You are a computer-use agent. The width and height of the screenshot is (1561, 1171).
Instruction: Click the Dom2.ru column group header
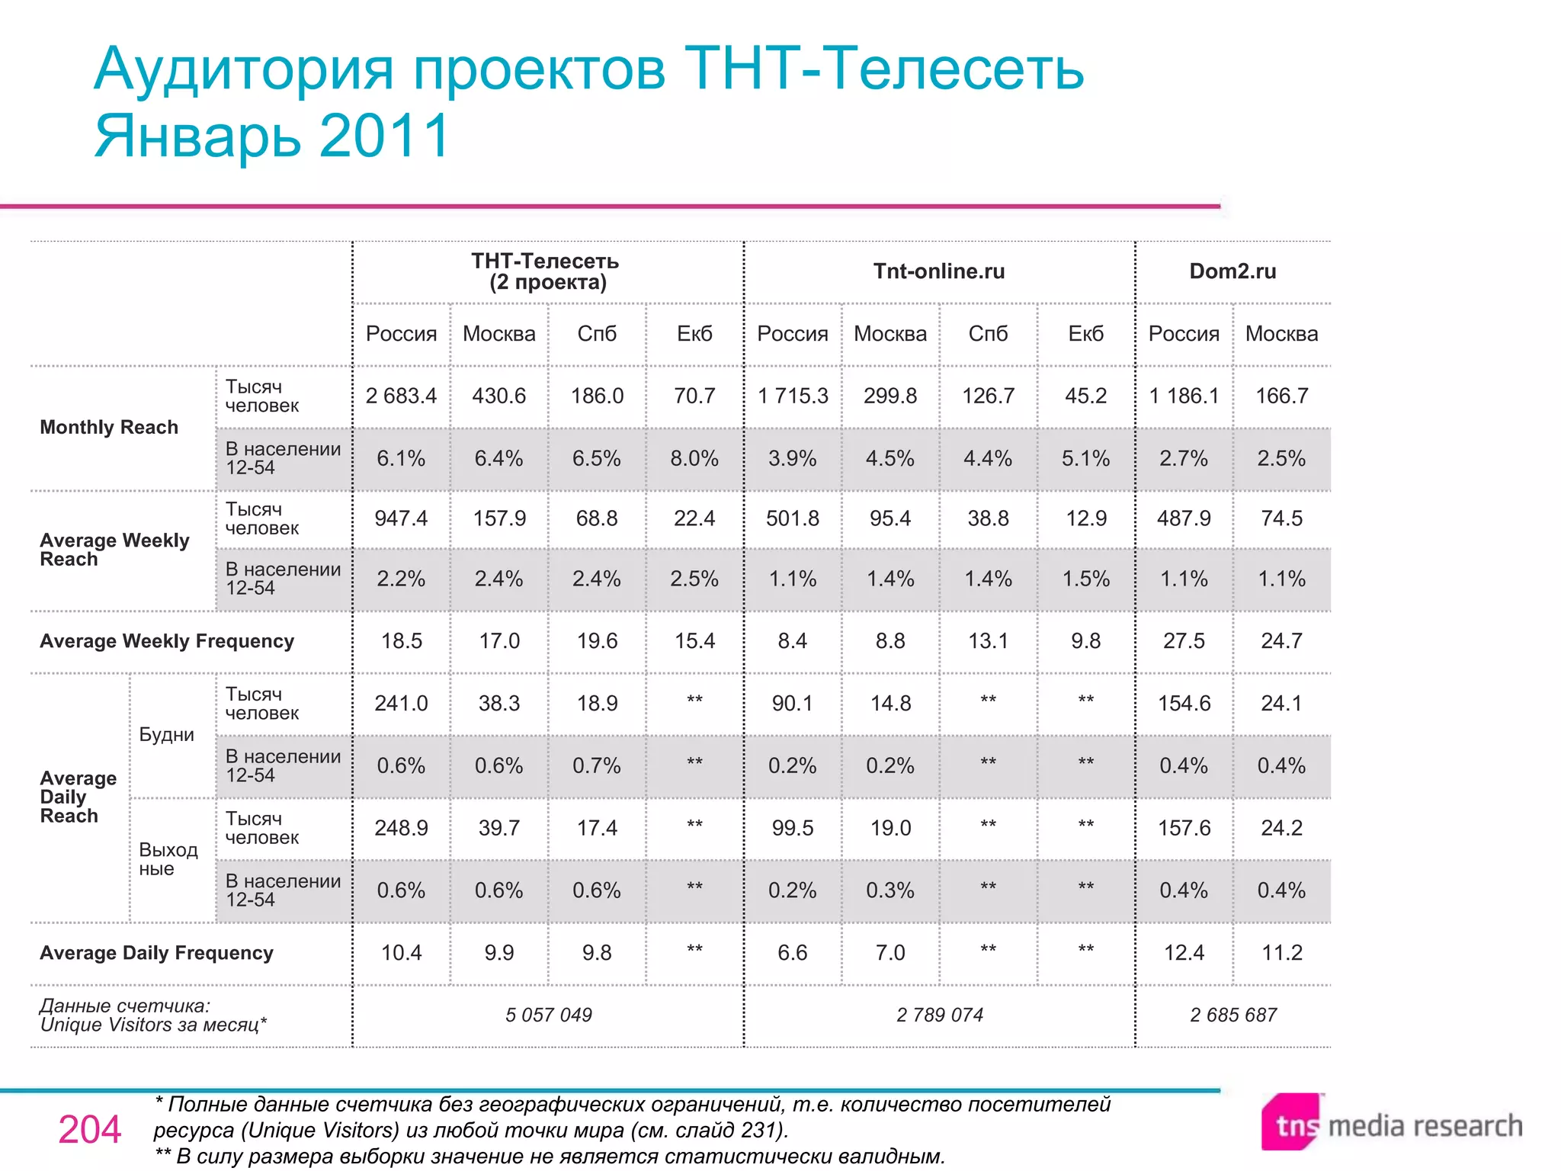(x=1232, y=271)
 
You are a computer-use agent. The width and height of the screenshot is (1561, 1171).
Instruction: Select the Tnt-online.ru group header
(x=939, y=271)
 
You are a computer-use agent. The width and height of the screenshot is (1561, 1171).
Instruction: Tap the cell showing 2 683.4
(x=401, y=396)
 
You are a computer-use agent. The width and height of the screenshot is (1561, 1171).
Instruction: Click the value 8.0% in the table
(x=694, y=459)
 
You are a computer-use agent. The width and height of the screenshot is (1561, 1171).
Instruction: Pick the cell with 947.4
(x=401, y=518)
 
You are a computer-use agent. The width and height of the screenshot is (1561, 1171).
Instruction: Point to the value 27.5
(x=1184, y=641)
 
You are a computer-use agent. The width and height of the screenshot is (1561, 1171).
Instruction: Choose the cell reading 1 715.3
(x=793, y=396)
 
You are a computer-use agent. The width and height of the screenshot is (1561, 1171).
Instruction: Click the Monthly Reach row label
(x=109, y=428)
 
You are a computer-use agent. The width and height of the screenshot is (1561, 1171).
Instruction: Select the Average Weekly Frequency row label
(x=167, y=641)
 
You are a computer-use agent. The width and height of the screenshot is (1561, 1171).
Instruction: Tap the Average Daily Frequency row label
(x=156, y=953)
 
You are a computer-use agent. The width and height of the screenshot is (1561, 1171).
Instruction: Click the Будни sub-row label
(x=166, y=735)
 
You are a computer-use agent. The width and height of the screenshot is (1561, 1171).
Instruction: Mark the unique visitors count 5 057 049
(x=548, y=1015)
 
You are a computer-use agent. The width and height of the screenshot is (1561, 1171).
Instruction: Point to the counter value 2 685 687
(x=1232, y=1015)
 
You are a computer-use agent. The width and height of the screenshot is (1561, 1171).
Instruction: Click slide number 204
(x=90, y=1130)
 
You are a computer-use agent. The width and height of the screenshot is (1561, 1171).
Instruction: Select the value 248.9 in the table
(x=401, y=829)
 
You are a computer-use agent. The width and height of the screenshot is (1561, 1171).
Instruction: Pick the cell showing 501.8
(x=793, y=518)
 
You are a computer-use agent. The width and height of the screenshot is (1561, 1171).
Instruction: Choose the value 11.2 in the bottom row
(x=1281, y=953)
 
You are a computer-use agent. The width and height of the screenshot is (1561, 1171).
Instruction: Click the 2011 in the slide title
(x=385, y=136)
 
